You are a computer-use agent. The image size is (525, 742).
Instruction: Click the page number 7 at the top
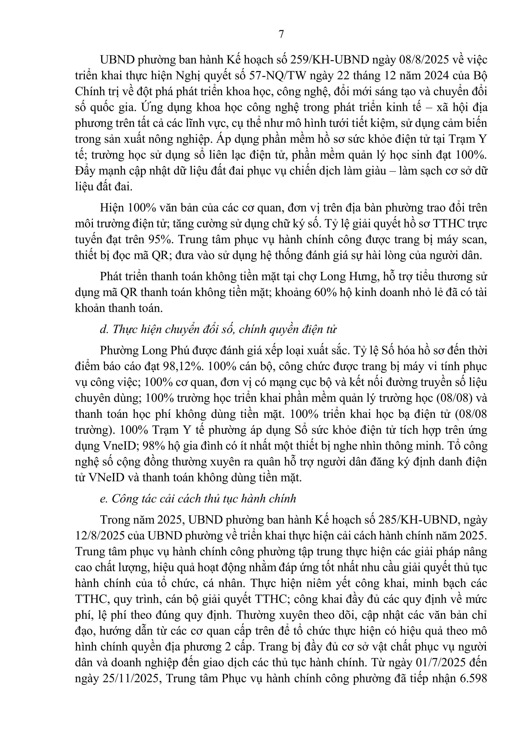click(x=281, y=34)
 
